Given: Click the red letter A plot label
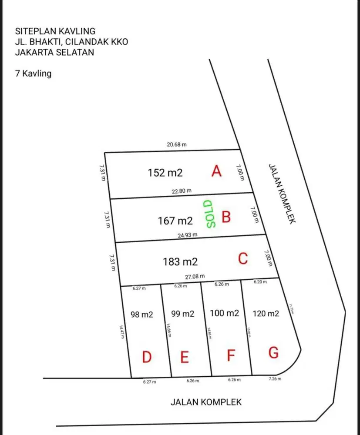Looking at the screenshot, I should point(216,172).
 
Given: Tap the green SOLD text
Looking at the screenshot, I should point(209,214).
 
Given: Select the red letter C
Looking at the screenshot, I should point(243,259).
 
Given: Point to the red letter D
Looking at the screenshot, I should point(147,358).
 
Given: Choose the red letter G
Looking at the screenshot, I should point(273,353).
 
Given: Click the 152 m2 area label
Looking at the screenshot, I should point(165,173).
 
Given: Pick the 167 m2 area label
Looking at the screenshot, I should point(175,221).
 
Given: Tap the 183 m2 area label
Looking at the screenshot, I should point(180,262).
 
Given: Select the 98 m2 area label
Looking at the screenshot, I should point(142,314).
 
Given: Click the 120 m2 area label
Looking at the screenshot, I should point(266,313).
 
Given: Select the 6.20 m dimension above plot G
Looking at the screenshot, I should point(261,282).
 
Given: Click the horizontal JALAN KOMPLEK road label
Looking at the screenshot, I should point(205,402).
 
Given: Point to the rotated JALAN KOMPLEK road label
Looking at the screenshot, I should point(282,194).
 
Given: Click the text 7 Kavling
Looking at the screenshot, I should point(33,74).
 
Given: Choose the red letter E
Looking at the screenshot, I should point(185,358).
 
